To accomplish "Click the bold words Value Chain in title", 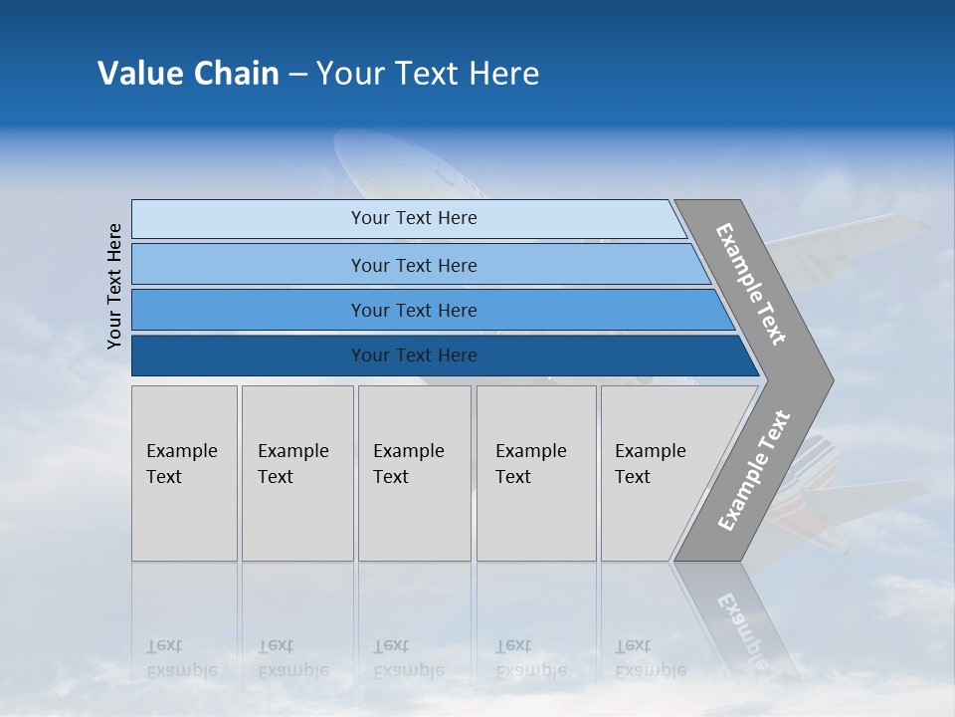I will click(x=188, y=73).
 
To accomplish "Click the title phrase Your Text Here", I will click(x=428, y=73).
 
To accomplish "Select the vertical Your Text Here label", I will click(x=114, y=287).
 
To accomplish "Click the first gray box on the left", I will click(x=184, y=473).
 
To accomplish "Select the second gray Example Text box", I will click(x=297, y=473).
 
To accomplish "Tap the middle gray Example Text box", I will click(x=414, y=473).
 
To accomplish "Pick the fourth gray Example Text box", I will click(x=536, y=473).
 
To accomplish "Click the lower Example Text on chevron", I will click(x=754, y=470).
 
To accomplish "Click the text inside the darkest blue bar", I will click(x=414, y=356).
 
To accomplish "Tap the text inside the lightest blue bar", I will click(x=414, y=218).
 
